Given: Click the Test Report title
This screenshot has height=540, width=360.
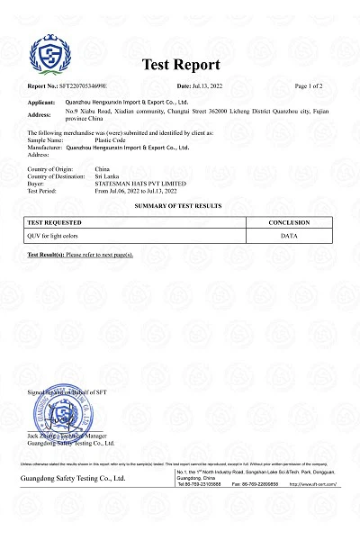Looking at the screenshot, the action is click(x=180, y=65).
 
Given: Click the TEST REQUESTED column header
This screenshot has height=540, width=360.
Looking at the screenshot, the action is click(x=56, y=222).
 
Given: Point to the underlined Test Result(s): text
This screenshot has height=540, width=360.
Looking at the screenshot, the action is click(x=45, y=256).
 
